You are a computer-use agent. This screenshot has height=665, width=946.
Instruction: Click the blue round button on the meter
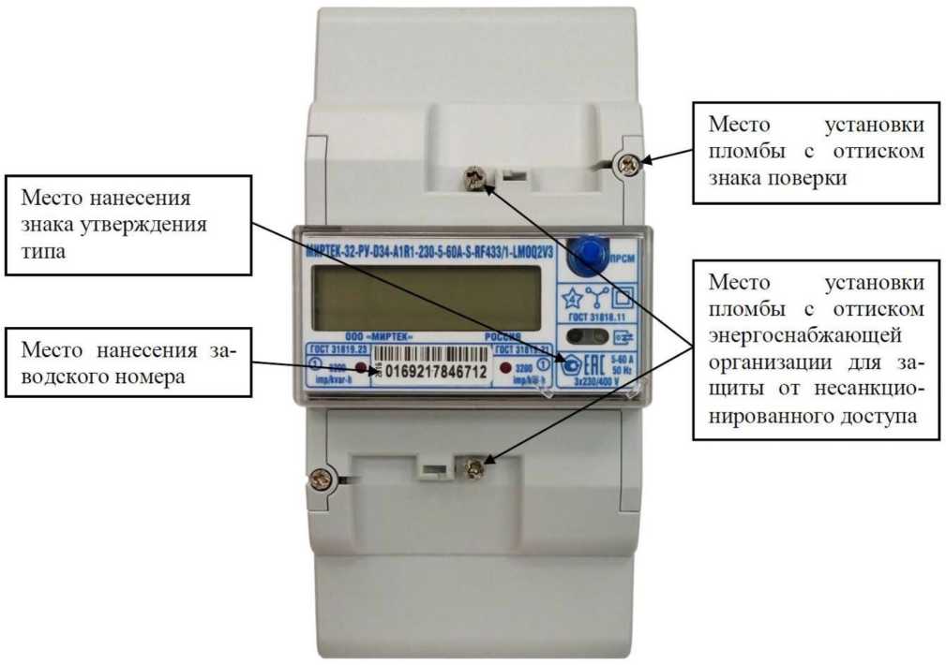[x=588, y=252]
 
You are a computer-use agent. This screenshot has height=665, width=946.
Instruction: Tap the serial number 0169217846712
[x=432, y=373]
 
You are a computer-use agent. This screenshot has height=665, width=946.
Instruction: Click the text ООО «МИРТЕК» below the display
[x=379, y=336]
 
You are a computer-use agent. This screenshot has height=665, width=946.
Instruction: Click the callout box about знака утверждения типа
[x=128, y=226]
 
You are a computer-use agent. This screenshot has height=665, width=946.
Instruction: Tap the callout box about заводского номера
[x=128, y=364]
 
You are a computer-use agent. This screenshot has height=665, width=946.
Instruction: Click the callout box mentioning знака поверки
[x=816, y=152]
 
